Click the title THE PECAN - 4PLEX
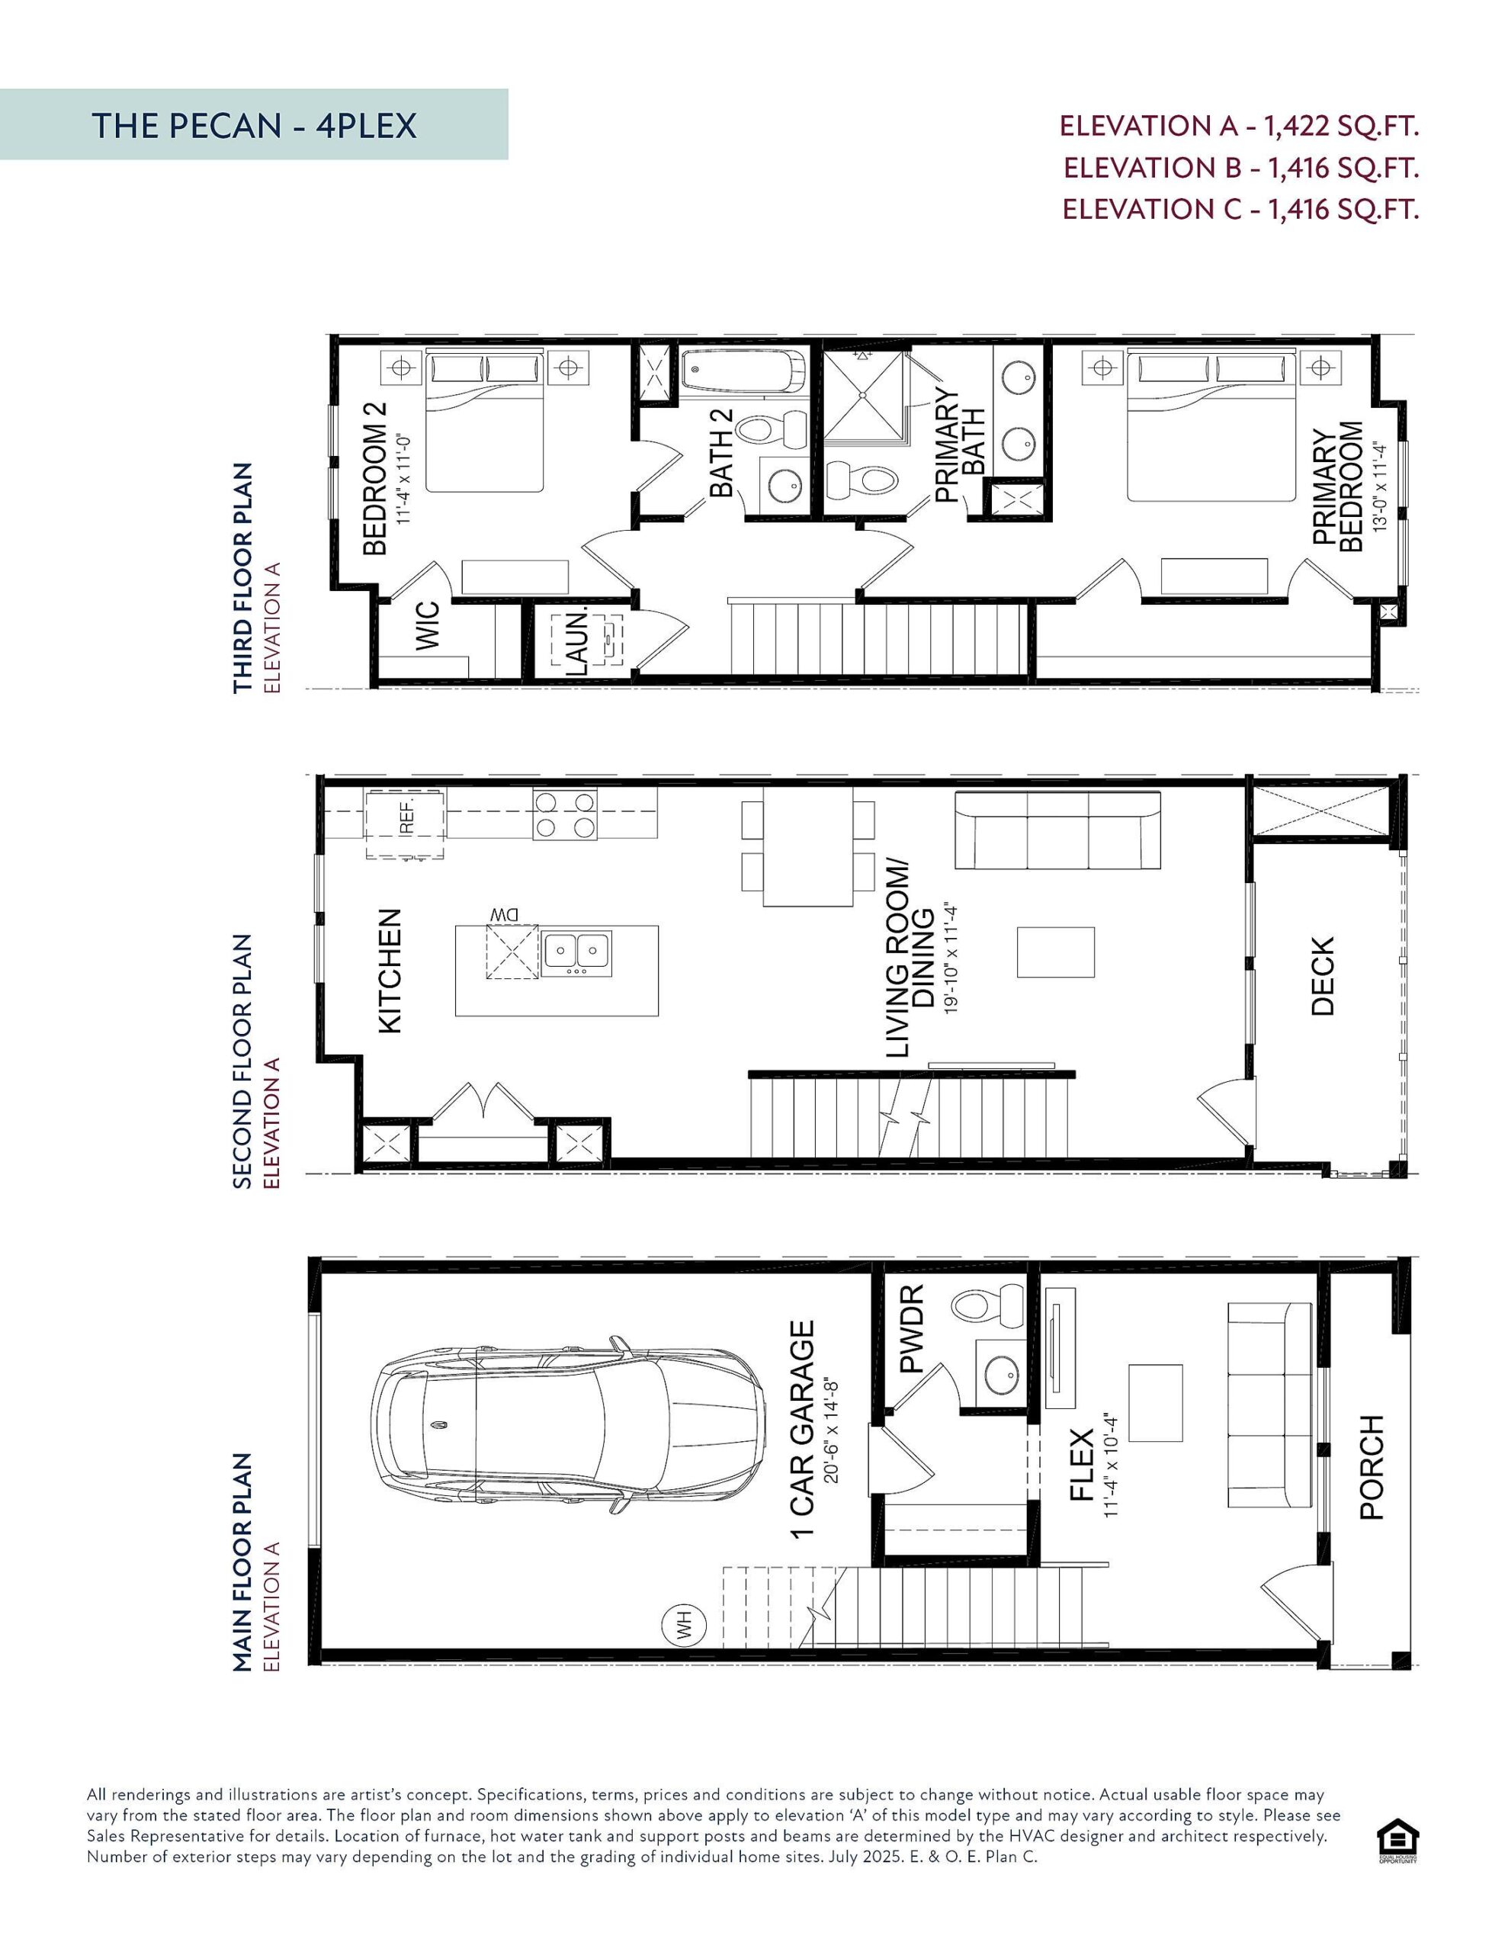tap(254, 126)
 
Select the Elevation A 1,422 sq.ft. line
tap(1239, 126)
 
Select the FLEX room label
tap(1082, 1464)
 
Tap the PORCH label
tap(1372, 1466)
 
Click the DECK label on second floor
tap(1322, 975)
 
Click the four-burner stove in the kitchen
tap(565, 814)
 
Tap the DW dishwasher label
tap(504, 914)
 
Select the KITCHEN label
tap(390, 971)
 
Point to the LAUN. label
tap(579, 642)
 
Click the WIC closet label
tap(427, 626)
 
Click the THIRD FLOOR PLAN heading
tap(242, 577)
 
